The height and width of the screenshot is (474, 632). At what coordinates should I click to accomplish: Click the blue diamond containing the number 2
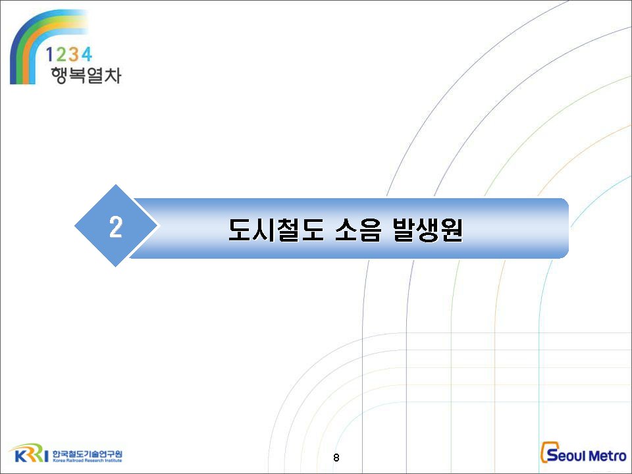[x=116, y=226]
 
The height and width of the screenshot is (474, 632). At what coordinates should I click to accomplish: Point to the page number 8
[x=336, y=458]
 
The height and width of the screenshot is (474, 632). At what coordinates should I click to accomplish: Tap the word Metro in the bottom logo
[x=607, y=456]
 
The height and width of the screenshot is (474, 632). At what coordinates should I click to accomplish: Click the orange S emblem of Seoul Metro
[x=548, y=452]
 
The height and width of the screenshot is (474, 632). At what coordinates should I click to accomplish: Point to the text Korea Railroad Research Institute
[x=87, y=460]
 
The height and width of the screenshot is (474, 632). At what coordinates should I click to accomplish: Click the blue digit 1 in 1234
[x=49, y=54]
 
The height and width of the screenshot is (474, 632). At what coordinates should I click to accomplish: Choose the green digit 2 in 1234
[x=61, y=54]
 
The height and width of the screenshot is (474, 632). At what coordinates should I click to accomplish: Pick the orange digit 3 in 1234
[x=73, y=54]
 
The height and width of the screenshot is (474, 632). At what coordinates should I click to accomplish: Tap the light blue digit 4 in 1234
[x=86, y=54]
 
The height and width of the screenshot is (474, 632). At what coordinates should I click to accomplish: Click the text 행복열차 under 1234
[x=86, y=75]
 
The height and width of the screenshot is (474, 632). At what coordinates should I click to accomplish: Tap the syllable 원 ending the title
[x=452, y=230]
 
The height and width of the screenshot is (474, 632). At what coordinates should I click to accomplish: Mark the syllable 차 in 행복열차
[x=113, y=75]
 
